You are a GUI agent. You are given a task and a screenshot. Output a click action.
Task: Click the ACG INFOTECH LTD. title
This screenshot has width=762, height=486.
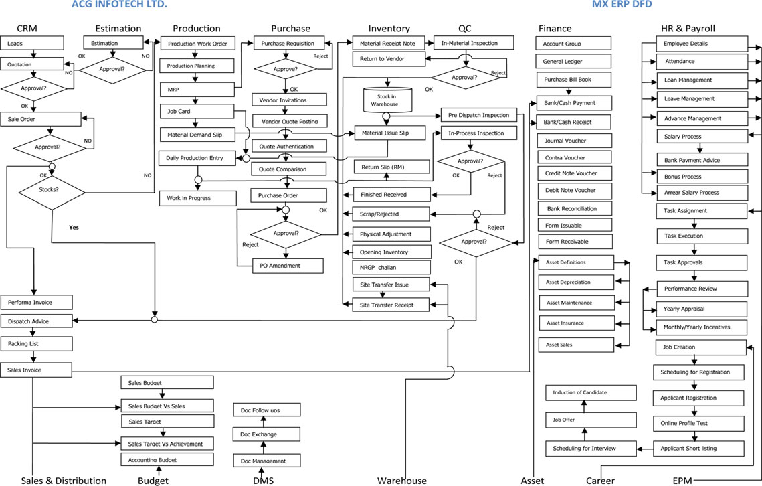(x=119, y=5)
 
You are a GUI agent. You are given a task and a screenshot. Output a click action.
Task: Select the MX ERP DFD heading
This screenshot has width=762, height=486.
(x=622, y=5)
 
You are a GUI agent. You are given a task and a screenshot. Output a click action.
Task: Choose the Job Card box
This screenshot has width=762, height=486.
(x=196, y=110)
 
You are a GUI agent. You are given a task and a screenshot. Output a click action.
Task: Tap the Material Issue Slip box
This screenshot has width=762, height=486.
(x=389, y=133)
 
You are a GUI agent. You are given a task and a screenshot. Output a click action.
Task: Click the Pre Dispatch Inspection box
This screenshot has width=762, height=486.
(x=479, y=115)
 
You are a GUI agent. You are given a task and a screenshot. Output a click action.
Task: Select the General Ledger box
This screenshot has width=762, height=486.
(x=573, y=62)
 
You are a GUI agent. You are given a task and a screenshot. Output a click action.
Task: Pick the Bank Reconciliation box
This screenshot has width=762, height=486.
(x=573, y=208)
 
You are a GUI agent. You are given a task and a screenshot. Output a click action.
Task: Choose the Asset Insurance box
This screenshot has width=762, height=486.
(x=575, y=323)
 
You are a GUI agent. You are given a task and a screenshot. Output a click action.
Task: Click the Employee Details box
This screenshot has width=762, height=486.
(x=700, y=44)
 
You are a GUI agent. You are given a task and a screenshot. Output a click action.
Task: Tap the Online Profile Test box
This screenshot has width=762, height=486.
(x=699, y=423)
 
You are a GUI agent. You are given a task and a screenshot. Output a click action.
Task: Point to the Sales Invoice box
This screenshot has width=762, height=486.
(x=35, y=370)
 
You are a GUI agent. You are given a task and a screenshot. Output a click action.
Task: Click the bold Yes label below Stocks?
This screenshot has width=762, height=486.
(x=74, y=228)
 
